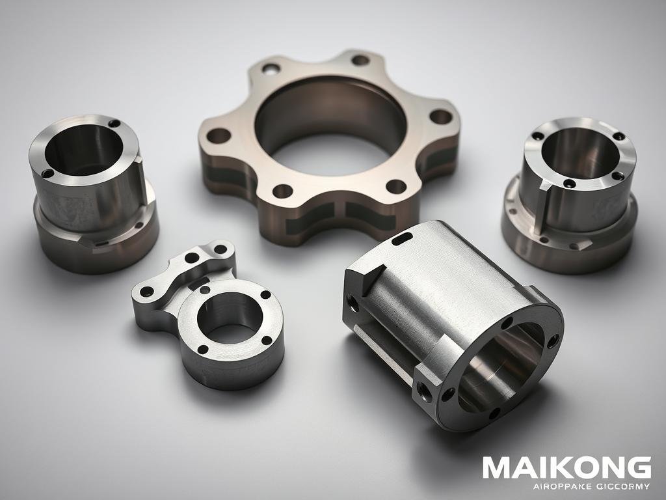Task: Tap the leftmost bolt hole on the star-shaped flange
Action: coord(219,136)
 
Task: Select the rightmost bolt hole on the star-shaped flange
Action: coord(440,117)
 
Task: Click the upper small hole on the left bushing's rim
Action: coord(114,123)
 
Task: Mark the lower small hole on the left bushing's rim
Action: coord(47,173)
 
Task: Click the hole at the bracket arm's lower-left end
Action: coord(148,291)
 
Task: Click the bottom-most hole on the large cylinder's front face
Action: coord(492,412)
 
